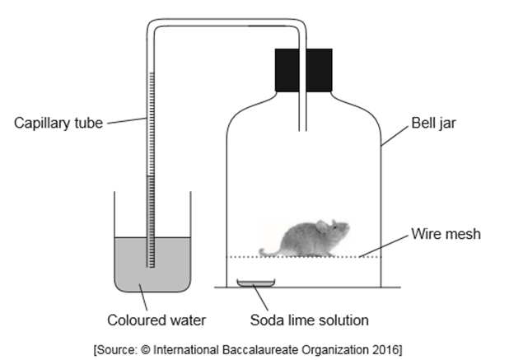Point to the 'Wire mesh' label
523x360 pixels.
(446, 234)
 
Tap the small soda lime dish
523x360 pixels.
(256, 283)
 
